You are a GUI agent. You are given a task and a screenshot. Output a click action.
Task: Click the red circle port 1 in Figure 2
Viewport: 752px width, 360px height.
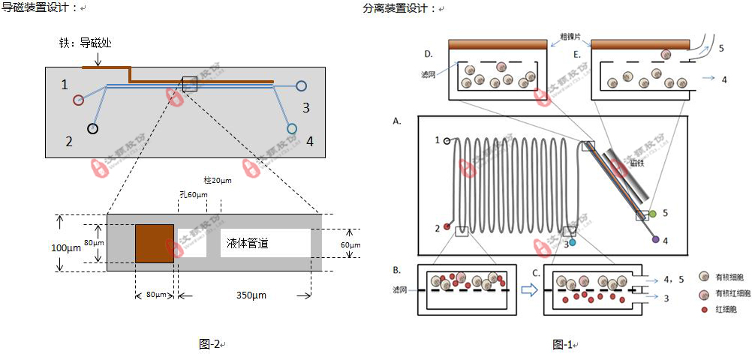click(x=77, y=100)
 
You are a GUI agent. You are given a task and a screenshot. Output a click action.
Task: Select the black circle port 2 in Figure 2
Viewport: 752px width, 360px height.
click(x=92, y=128)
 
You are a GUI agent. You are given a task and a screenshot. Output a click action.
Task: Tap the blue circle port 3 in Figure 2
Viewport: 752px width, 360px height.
click(x=301, y=86)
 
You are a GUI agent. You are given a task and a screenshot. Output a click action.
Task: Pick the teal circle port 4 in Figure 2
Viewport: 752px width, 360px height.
click(x=293, y=129)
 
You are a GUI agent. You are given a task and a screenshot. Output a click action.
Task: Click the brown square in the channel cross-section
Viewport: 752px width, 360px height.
click(x=155, y=243)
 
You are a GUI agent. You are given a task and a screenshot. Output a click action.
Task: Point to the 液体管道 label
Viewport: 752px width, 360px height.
click(x=248, y=243)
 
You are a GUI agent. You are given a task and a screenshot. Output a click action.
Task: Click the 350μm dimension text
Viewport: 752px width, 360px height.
click(x=248, y=295)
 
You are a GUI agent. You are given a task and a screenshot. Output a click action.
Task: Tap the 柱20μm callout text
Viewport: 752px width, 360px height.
click(x=218, y=181)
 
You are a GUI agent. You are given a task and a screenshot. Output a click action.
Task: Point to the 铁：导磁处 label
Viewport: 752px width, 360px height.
click(x=86, y=43)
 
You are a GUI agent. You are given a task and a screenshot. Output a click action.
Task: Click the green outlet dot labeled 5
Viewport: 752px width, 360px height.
click(x=652, y=214)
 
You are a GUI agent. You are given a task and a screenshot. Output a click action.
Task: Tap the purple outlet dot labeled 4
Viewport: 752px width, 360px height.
click(x=655, y=239)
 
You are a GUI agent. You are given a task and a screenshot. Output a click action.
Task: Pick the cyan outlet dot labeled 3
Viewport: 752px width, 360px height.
click(x=573, y=243)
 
